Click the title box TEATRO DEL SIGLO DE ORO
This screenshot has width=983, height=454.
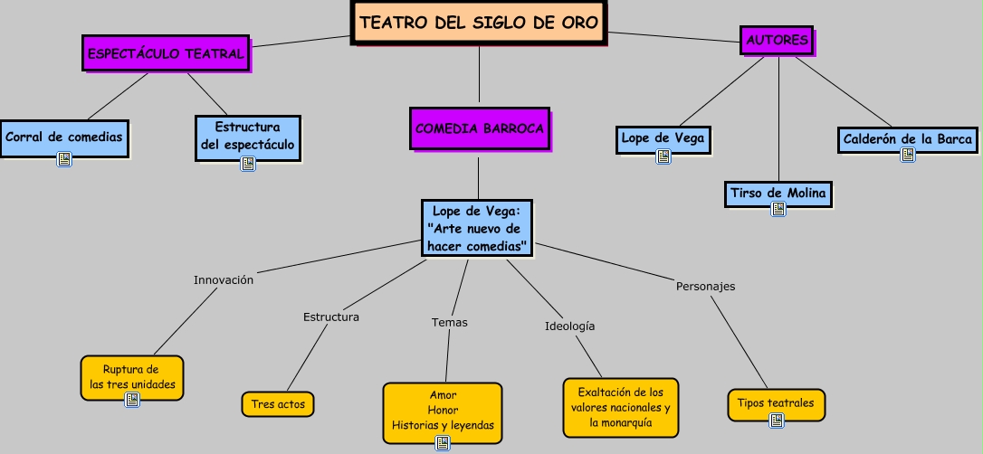479,23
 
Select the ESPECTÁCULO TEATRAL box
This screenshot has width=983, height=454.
166,53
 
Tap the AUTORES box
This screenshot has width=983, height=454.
777,40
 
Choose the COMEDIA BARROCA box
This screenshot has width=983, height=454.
479,128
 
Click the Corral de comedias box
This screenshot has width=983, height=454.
63,137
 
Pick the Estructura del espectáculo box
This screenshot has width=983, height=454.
247,136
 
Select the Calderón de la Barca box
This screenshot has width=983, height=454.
908,139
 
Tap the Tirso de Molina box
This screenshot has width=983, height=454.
778,193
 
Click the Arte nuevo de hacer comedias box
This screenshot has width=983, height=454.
477,229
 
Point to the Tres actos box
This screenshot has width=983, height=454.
278,403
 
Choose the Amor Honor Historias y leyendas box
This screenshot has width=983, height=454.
443,411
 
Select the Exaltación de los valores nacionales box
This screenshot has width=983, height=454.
620,407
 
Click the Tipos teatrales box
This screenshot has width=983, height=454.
776,403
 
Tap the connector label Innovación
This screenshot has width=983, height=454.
224,279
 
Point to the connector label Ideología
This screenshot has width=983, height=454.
570,326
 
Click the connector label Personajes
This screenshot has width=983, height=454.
705,286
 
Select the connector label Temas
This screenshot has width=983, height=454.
450,322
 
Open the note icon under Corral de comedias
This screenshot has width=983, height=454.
64,159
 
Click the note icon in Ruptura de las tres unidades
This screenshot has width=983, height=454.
132,400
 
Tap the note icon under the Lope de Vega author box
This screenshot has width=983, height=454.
663,156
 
